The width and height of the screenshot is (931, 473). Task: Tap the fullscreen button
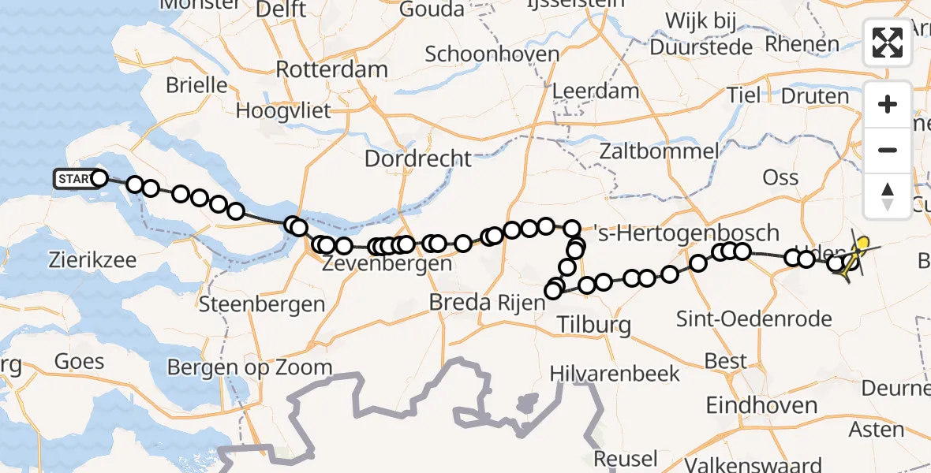click(x=888, y=43)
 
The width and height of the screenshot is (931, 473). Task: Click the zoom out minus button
click(x=888, y=150)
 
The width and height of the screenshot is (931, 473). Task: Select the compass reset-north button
click(x=888, y=196)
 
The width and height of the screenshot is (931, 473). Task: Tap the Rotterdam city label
click(x=331, y=69)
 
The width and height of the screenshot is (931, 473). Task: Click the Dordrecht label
click(x=417, y=158)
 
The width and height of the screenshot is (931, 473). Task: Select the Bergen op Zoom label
click(x=249, y=367)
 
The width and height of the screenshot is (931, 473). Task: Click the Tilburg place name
click(x=594, y=324)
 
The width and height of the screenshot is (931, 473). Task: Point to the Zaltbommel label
click(x=658, y=151)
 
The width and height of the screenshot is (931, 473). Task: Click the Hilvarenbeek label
click(x=615, y=372)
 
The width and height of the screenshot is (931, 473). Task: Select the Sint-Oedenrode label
click(x=753, y=319)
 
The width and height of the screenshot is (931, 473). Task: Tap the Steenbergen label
click(x=262, y=304)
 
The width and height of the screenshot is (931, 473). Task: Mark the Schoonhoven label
click(x=492, y=54)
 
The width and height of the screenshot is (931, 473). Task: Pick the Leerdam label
click(x=595, y=91)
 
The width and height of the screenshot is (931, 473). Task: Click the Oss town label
click(x=780, y=177)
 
